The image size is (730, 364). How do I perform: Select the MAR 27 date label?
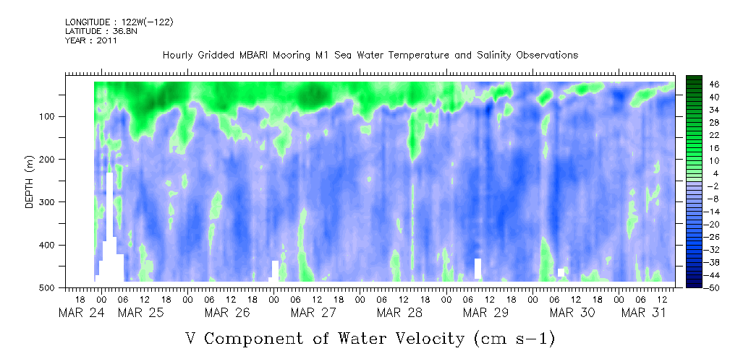coord(313,313)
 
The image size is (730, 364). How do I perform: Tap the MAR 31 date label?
coord(644,313)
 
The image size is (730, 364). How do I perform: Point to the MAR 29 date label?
coord(485,313)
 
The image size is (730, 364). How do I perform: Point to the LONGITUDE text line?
coord(119,22)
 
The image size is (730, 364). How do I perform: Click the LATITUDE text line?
coord(101,31)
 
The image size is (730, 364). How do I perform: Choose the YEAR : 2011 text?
coord(90,40)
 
